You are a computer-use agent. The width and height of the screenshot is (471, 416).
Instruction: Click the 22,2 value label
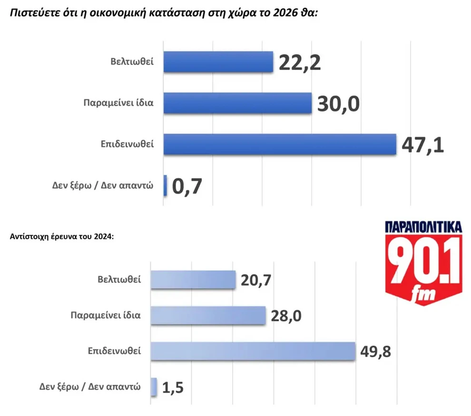click(300, 63)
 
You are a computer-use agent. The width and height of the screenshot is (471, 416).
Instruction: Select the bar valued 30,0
click(237, 103)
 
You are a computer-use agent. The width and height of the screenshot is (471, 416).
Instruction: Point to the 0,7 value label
click(187, 186)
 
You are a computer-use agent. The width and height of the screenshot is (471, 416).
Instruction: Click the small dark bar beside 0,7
click(165, 185)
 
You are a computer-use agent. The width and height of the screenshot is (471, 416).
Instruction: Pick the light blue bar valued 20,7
click(193, 280)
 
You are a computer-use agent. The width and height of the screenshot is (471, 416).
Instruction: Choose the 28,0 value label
click(286, 316)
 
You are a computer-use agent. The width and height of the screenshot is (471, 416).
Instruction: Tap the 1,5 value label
click(173, 387)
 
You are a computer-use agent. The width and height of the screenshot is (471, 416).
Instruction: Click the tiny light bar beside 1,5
click(154, 387)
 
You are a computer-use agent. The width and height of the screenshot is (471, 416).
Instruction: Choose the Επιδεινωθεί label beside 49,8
click(114, 351)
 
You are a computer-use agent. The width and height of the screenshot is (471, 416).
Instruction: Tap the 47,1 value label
click(422, 145)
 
